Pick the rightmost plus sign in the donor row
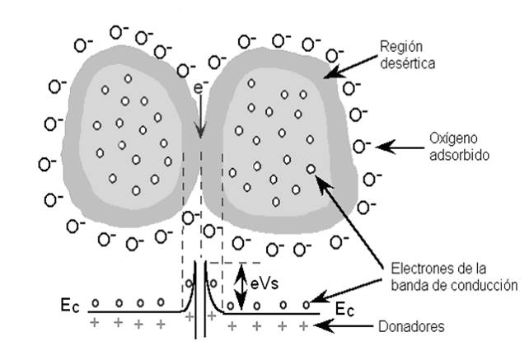[x=306, y=326]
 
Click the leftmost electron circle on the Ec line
[x=96, y=302]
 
